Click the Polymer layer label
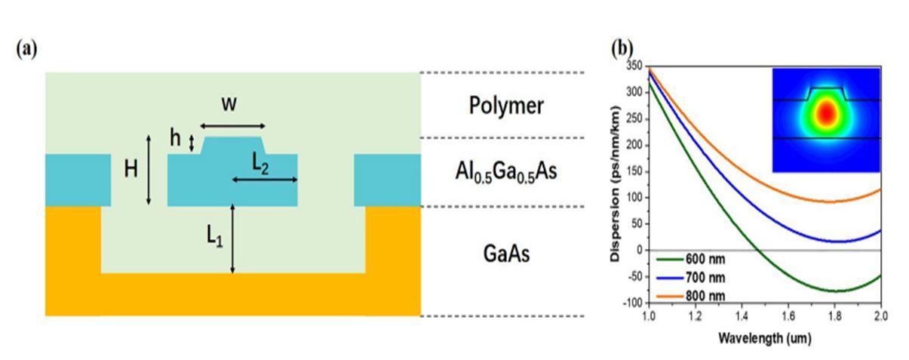click(506, 106)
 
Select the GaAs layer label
click(505, 254)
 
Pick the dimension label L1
click(215, 240)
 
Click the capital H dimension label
click(131, 170)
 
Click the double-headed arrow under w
click(233, 126)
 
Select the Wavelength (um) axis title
click(763, 338)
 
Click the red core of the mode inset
click(828, 114)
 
